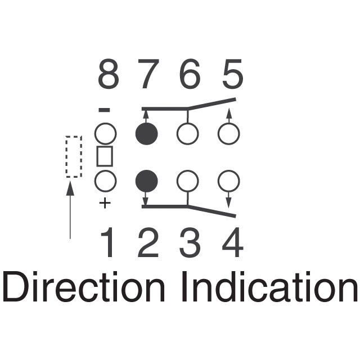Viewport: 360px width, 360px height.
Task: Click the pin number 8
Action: coord(109,75)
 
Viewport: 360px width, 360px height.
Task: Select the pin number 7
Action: coord(147,75)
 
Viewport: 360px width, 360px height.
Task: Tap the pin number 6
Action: coord(190,75)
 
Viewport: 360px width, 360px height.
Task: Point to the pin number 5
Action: coord(232,75)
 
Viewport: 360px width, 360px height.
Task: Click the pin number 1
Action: coord(108,244)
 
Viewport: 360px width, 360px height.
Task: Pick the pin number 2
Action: coord(147,244)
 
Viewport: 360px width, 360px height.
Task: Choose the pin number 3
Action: coord(190,244)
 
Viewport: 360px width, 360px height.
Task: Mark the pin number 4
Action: coord(232,244)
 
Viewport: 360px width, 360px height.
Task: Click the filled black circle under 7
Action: coord(147,134)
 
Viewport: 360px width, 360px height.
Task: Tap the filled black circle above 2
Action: coord(147,181)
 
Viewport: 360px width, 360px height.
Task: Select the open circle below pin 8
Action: coord(105,134)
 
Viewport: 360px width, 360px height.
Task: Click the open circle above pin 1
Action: coord(105,181)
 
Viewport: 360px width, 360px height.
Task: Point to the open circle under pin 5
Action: coord(228,134)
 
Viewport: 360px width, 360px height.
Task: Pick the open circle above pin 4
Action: coord(228,181)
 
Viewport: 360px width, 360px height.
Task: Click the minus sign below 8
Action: coord(105,110)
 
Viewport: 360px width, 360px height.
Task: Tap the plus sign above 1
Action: coord(105,203)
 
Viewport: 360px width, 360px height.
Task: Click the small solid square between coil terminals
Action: coord(105,157)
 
